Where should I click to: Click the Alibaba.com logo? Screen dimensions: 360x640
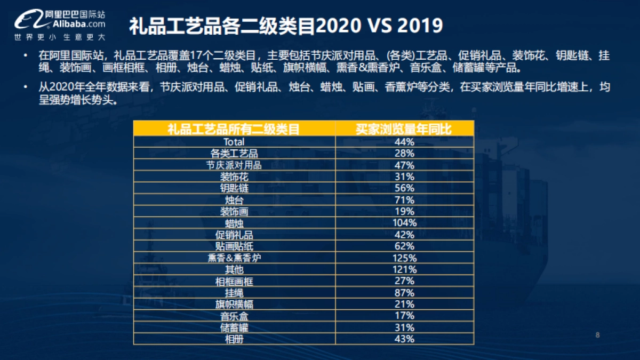(x=59, y=23)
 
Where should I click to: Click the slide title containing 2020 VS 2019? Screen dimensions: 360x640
(x=286, y=25)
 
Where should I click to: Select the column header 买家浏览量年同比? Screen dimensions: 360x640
(x=404, y=129)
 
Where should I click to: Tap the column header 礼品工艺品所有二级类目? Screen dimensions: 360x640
(x=234, y=129)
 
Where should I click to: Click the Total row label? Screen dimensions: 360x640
(x=234, y=142)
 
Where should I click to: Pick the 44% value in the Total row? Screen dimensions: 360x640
(x=404, y=142)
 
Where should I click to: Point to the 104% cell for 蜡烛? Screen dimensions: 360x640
(x=404, y=223)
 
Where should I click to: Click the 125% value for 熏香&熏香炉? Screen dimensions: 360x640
(x=404, y=258)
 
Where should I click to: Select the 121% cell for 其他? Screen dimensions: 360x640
(x=404, y=269)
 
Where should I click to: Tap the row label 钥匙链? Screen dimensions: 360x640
(x=234, y=188)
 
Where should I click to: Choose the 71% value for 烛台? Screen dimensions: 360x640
(x=404, y=200)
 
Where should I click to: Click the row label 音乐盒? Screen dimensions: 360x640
(x=234, y=316)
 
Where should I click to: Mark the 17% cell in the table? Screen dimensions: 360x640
(x=404, y=316)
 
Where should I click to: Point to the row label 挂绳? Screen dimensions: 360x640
(x=234, y=292)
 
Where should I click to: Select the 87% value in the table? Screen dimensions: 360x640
(x=404, y=292)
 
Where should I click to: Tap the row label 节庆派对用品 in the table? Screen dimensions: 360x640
(x=234, y=165)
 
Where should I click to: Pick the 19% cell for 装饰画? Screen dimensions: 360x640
(x=404, y=211)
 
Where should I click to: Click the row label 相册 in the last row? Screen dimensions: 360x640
(x=234, y=339)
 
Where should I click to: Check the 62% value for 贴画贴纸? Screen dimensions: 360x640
(x=404, y=246)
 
